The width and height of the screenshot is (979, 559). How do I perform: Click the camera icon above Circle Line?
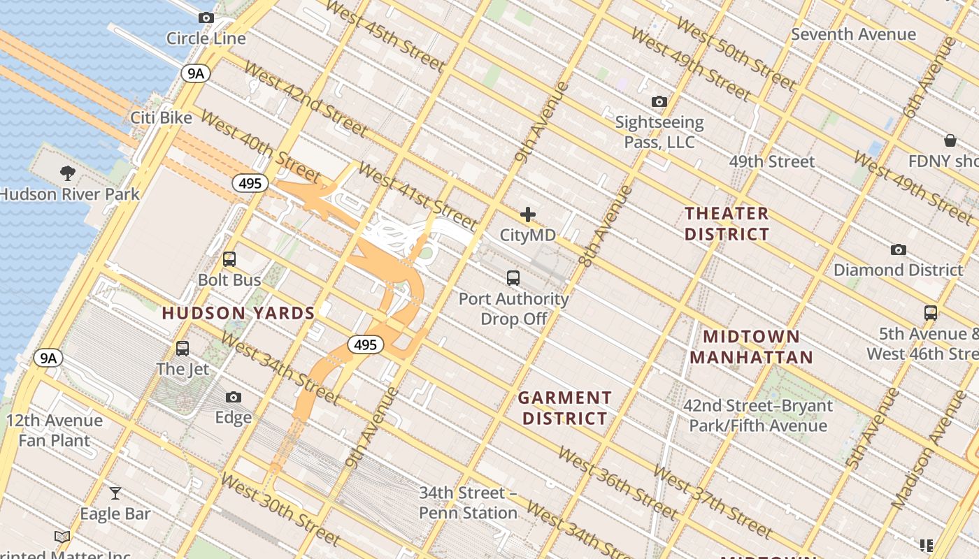[206, 18]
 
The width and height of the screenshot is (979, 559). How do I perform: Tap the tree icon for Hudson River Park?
[68, 173]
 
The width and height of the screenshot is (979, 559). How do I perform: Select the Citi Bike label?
[161, 117]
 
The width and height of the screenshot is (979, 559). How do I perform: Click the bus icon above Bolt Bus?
[229, 259]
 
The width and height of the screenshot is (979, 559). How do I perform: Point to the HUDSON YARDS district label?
[238, 313]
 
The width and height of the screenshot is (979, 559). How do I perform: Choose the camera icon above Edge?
[234, 398]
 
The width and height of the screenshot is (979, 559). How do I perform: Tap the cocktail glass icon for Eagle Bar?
[115, 493]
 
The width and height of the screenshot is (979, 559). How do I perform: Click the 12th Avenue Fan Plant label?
[55, 430]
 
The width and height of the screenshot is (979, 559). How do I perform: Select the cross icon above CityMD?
[528, 215]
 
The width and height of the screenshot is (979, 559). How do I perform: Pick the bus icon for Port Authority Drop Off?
[513, 278]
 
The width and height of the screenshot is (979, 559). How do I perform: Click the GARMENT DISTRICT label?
[564, 408]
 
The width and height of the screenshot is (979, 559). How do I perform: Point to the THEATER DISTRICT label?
[727, 224]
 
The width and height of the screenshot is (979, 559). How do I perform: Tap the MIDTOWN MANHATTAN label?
[751, 347]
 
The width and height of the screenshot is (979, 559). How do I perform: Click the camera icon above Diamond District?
[899, 249]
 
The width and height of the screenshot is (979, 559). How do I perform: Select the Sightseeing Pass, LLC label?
[659, 132]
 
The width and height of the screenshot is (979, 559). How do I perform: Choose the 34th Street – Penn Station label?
[468, 502]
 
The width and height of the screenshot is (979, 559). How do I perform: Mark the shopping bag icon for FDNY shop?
[950, 140]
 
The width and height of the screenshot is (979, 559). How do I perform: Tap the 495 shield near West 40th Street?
[250, 183]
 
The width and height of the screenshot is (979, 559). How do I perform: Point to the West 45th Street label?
[384, 36]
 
